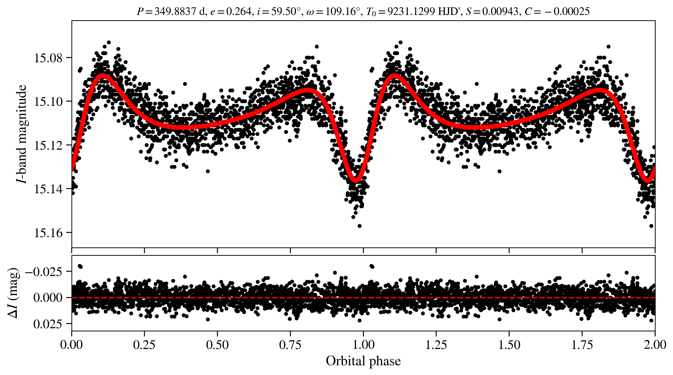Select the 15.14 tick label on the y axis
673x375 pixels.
(48, 189)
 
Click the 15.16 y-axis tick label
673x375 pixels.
(48, 233)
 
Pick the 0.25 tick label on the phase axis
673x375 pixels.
(144, 345)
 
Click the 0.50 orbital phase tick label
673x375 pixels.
(217, 345)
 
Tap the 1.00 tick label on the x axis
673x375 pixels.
(363, 345)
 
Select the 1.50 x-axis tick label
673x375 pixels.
(509, 345)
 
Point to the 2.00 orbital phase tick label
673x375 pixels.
(655, 345)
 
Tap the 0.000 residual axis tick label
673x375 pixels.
(48, 298)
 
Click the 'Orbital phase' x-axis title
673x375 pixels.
(363, 361)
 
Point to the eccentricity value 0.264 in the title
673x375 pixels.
(239, 12)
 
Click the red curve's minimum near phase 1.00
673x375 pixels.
(356, 180)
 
